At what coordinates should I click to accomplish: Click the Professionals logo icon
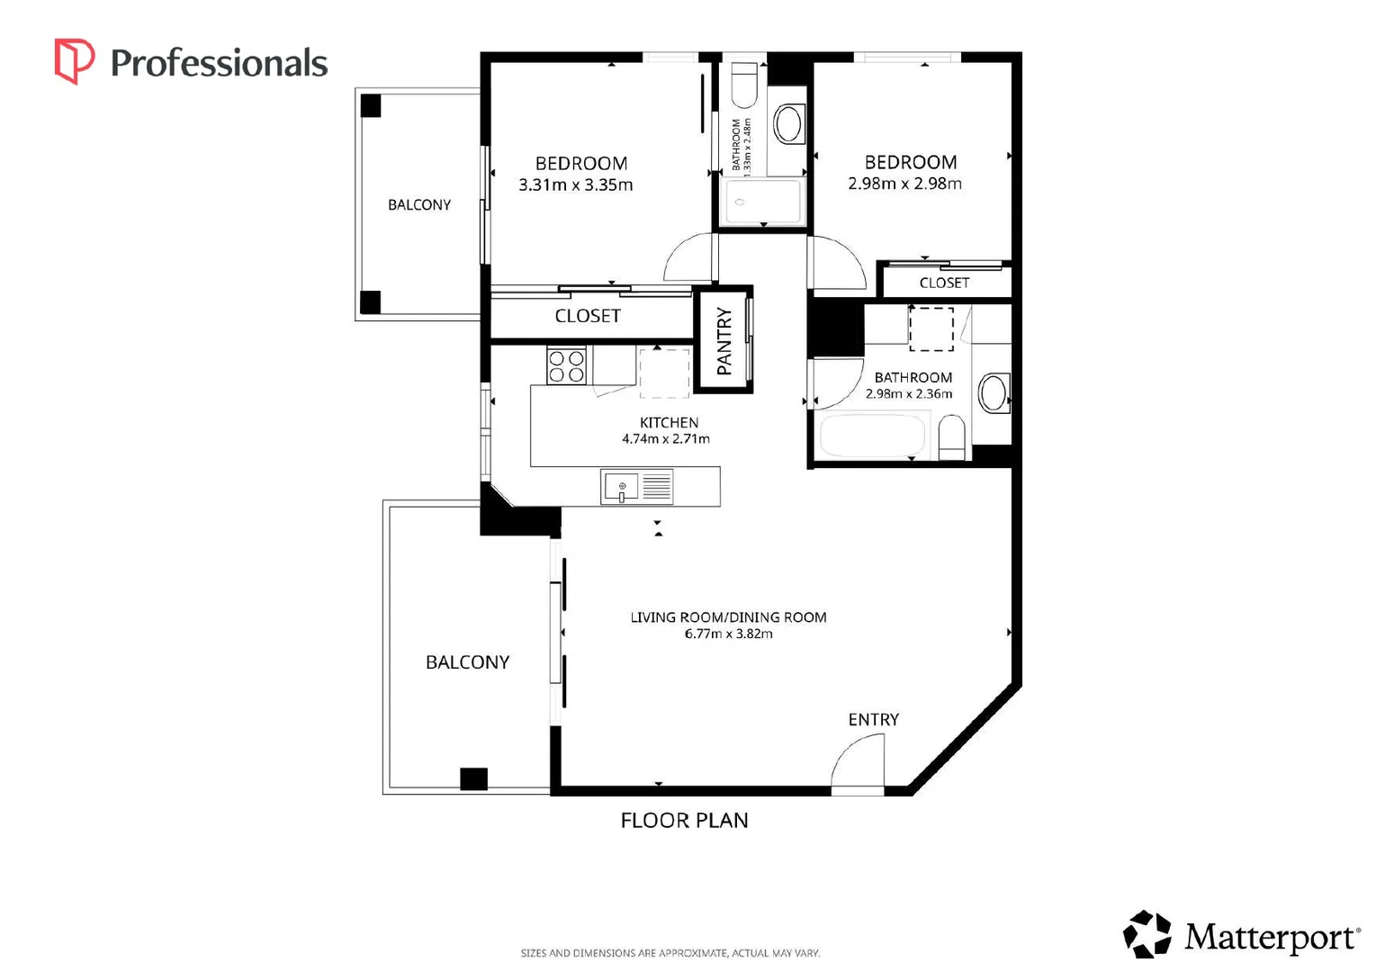[75, 61]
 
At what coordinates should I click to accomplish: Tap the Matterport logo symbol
[1147, 934]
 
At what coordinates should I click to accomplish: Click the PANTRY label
[724, 341]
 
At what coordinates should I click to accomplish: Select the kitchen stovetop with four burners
[566, 366]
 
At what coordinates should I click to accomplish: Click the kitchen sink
[621, 487]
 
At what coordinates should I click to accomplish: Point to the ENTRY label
[874, 719]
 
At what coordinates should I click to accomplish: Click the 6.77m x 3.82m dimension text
[729, 634]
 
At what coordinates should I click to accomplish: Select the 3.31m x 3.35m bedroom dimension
[576, 184]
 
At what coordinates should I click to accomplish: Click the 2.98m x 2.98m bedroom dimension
[904, 184]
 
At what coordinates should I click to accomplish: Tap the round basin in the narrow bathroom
[788, 124]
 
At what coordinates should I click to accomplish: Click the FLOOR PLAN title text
[684, 820]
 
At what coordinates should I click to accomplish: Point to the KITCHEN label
[669, 423]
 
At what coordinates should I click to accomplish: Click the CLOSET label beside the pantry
[588, 316]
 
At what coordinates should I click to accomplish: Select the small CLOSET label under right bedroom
[944, 283]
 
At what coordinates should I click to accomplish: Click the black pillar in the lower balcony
[473, 779]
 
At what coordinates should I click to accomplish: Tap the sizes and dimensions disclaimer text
[670, 953]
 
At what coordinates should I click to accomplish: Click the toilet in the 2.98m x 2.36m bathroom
[951, 436]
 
